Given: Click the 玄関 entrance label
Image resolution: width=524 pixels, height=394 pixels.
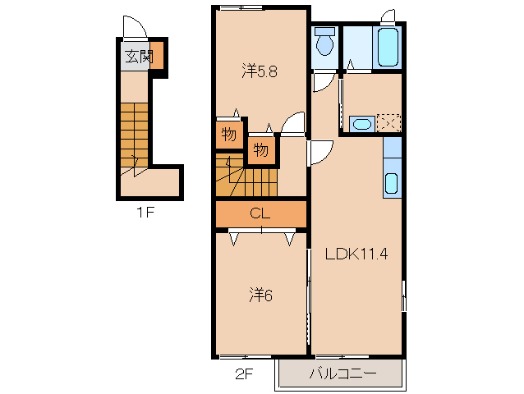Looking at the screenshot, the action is pos(140,57).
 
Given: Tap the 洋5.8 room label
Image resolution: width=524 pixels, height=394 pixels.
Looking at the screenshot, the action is pos(260,71).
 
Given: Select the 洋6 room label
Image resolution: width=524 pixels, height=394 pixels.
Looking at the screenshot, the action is pos(261,295).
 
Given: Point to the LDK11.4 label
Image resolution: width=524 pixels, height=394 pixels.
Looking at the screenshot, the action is pos(356,254).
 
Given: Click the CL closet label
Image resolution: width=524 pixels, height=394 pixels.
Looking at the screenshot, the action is pos(260,213).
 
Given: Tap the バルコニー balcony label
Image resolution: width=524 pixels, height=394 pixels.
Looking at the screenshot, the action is pos(342,373).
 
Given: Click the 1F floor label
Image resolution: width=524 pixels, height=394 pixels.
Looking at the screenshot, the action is pos(145,212).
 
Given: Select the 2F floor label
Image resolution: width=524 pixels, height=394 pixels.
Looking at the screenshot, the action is pos(244,374).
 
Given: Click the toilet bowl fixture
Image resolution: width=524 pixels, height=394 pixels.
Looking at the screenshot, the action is pos(324,41).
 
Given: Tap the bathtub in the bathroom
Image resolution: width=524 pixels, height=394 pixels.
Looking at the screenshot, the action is pos(388,47).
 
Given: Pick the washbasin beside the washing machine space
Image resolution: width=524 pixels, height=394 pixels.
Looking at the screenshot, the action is pos(362,124).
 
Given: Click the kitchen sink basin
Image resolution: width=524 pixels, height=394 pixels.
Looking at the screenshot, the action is pos(391,183).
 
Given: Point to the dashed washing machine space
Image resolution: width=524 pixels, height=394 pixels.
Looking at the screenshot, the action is pos(388,123).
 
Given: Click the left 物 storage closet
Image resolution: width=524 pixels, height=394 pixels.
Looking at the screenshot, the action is pos(229,135).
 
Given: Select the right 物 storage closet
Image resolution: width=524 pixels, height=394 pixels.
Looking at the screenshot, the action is pos(261,150).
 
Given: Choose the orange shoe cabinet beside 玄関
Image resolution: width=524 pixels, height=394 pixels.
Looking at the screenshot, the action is pos(157,55).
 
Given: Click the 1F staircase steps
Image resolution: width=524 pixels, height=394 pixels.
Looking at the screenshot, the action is pos(134,135).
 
